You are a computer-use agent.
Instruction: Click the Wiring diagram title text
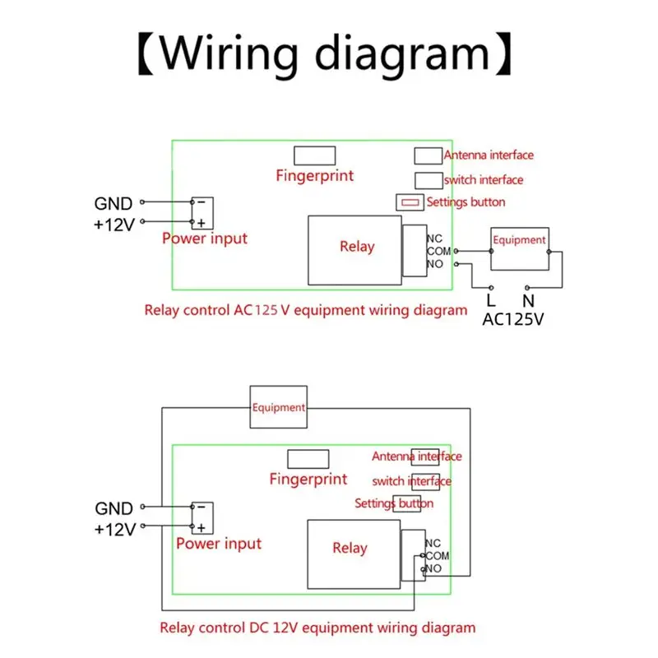(329, 53)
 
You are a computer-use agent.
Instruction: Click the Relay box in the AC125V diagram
(355, 247)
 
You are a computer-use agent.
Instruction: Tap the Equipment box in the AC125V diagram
(518, 248)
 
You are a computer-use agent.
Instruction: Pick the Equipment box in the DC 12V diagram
(279, 407)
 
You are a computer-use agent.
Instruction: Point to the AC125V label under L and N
(512, 319)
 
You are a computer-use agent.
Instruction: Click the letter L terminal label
(490, 300)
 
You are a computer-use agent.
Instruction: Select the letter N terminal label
(528, 300)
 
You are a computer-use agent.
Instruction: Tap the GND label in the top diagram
(113, 202)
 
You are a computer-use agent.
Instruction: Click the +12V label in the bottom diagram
(114, 530)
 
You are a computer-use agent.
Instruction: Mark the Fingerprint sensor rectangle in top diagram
(314, 155)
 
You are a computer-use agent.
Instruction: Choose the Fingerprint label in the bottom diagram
(308, 479)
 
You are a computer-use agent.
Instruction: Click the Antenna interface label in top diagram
(489, 155)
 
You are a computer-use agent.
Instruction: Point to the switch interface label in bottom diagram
(411, 481)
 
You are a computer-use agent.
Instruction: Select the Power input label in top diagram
(204, 239)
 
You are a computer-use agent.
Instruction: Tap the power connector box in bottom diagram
(202, 517)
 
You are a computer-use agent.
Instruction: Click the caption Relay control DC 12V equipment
(317, 628)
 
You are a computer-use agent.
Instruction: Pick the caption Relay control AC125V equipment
(305, 310)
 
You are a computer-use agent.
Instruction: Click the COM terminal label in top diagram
(438, 251)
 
